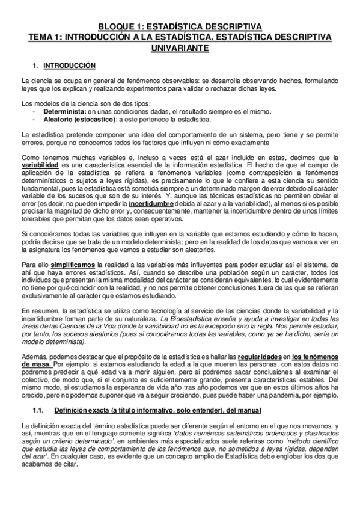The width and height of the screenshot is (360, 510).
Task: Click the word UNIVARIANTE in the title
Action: point(179,48)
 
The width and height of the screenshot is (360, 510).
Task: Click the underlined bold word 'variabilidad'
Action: point(40,164)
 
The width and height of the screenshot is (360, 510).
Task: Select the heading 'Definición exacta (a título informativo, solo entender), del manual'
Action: point(157,411)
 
